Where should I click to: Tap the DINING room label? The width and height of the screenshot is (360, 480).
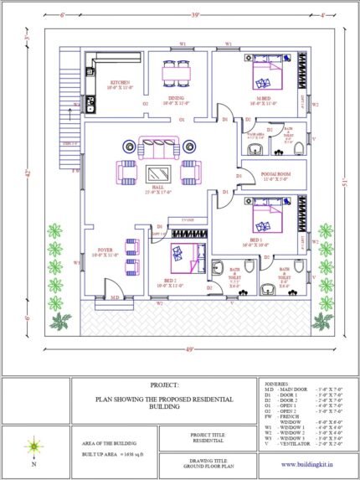176,99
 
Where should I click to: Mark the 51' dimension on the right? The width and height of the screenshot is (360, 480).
344,184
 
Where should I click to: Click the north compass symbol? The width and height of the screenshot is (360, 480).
33,446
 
